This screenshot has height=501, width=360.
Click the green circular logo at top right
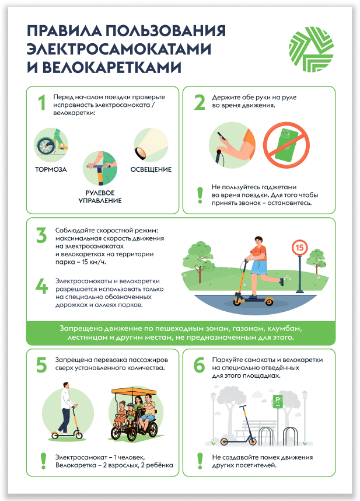pyautogui.click(x=311, y=49)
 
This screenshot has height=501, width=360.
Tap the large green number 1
pyautogui.click(x=42, y=103)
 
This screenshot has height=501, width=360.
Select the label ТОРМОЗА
pyautogui.click(x=51, y=170)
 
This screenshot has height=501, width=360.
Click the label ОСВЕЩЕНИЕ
pyautogui.click(x=151, y=170)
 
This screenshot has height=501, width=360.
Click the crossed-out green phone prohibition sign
pyautogui.click(x=286, y=145)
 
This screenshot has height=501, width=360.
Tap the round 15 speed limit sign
pyautogui.click(x=299, y=248)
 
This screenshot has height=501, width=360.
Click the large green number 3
pyautogui.click(x=41, y=235)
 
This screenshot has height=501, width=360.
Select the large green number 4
pyautogui.click(x=41, y=286)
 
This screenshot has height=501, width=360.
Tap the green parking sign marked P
pyautogui.click(x=278, y=401)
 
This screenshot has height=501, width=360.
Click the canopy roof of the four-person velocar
pyautogui.click(x=134, y=391)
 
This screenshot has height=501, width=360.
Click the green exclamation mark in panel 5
pyautogui.click(x=43, y=461)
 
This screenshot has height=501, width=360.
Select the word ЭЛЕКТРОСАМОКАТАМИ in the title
pyautogui.click(x=118, y=49)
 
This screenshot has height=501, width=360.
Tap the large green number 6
pyautogui.click(x=199, y=365)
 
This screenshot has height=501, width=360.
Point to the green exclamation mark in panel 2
pyautogui.click(x=200, y=195)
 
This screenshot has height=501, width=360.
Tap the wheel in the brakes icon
pyautogui.click(x=45, y=147)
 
